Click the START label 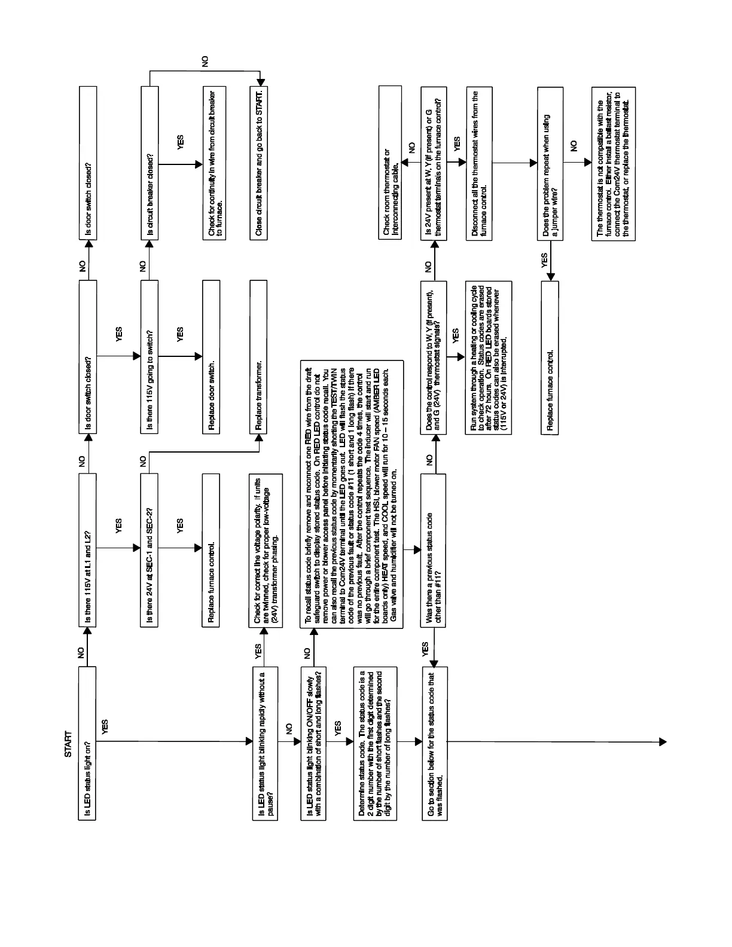point(68,744)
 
